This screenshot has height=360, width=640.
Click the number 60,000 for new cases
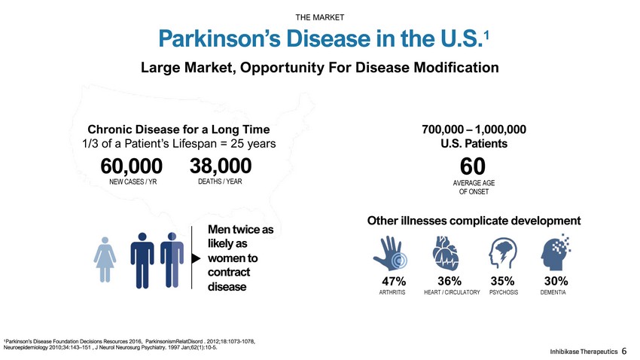(x=132, y=166)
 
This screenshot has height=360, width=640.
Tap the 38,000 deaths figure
(x=221, y=166)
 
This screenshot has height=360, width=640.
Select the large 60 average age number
(x=473, y=166)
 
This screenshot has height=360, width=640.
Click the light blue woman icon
(x=105, y=260)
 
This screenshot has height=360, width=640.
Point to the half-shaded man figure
(x=172, y=261)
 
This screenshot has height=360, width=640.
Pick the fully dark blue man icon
(x=142, y=261)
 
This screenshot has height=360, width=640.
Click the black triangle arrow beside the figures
(x=196, y=258)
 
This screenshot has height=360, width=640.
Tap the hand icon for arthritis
(x=390, y=254)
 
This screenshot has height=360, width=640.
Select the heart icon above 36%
(x=445, y=253)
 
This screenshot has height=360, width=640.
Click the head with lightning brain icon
(x=503, y=253)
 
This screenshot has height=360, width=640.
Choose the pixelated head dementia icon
(x=555, y=252)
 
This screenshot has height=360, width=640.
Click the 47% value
(x=394, y=281)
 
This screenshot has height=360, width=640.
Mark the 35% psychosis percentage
(x=502, y=281)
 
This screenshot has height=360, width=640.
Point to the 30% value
(x=556, y=281)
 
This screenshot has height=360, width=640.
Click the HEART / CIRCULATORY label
(x=452, y=292)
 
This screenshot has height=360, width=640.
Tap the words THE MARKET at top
(x=319, y=17)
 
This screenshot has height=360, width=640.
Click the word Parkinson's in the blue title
(x=220, y=38)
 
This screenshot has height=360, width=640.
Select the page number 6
(x=624, y=351)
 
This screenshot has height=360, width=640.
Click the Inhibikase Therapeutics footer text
(x=584, y=352)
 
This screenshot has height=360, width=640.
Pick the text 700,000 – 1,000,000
(x=474, y=130)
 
